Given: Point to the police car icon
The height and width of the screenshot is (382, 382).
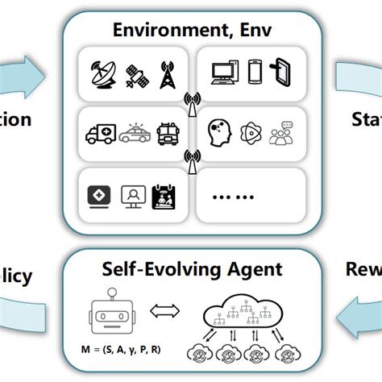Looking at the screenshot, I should (135, 132).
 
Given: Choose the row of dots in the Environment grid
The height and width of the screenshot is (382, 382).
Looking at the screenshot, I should (234, 193).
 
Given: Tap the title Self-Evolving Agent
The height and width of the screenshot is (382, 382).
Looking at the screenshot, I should (191, 268).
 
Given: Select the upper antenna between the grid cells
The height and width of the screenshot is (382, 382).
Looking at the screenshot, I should (192, 102).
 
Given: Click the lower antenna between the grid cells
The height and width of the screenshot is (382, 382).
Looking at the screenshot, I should (192, 160).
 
